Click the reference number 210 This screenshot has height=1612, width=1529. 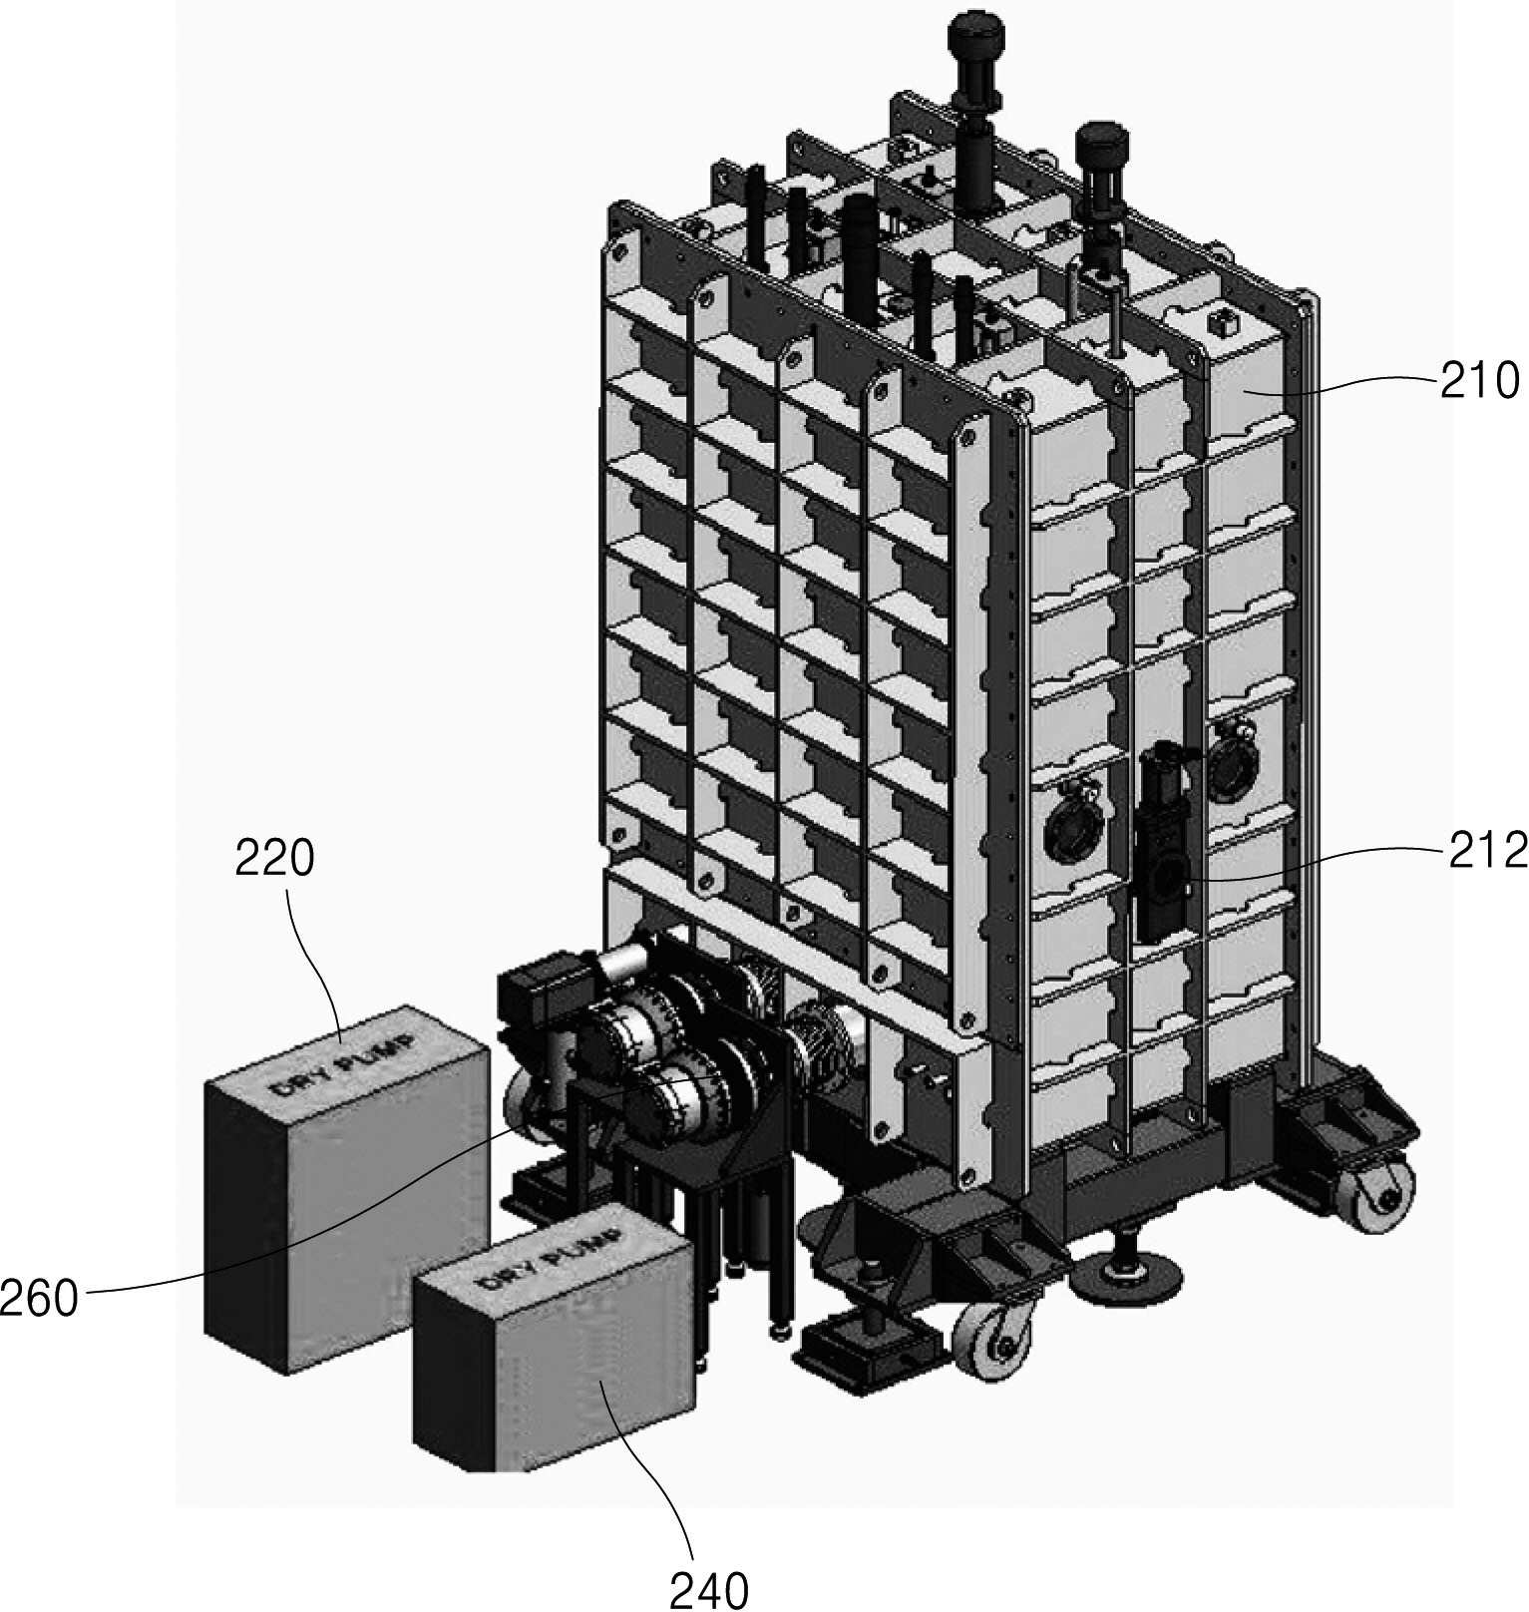[x=1479, y=381]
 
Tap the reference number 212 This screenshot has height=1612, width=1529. [x=1486, y=851]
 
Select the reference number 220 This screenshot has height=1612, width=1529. [x=274, y=858]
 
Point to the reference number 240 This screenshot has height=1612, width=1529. [x=708, y=1590]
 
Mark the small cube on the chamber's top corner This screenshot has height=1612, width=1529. [x=1220, y=323]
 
